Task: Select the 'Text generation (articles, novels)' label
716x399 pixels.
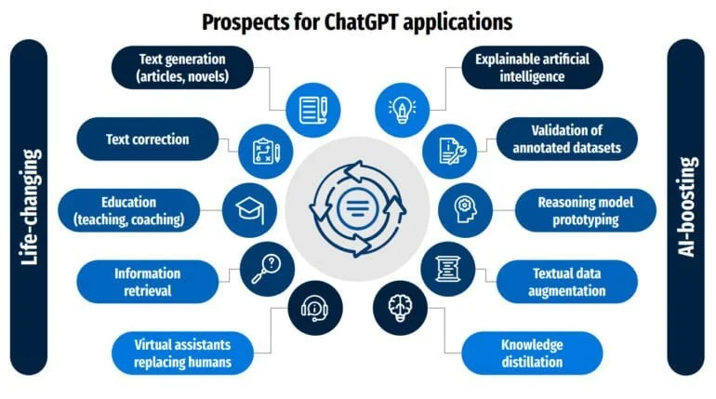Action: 182,68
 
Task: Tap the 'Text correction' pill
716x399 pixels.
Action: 148,140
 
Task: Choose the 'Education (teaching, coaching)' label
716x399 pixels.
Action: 128,210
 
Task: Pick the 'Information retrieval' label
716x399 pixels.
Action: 148,282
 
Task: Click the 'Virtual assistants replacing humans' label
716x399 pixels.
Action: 182,352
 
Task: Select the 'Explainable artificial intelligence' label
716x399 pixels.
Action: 532,68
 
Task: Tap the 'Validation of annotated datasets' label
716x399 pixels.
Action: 566,140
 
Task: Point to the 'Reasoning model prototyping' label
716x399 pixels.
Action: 586,210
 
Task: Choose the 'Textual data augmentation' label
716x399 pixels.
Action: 566,282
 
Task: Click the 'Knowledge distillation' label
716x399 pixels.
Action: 532,352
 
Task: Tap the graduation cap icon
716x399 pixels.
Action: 250,210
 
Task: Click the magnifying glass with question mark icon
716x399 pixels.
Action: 267,269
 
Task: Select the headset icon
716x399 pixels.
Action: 315,308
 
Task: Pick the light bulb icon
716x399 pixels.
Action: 402,110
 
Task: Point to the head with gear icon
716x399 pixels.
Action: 465,210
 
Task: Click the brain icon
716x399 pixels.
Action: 401,308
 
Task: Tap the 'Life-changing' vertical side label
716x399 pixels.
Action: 29,207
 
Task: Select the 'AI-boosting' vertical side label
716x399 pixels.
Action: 686,207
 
